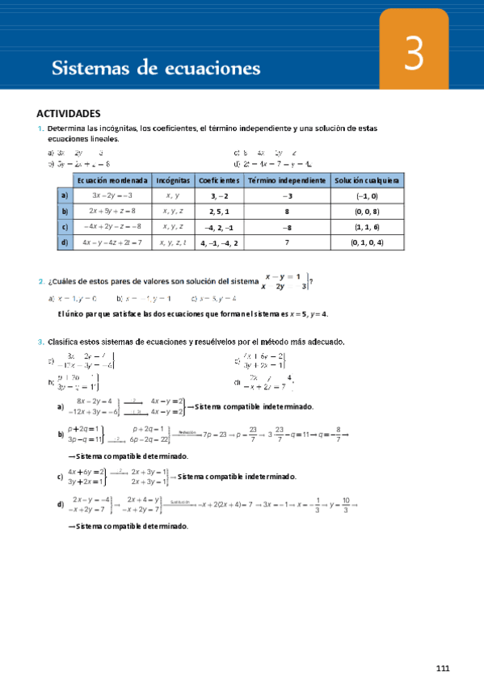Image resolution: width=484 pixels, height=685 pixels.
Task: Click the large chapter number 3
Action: point(414,57)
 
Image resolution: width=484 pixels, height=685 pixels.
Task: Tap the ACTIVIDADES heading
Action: point(69,114)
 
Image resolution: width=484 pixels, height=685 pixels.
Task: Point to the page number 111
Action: point(442,667)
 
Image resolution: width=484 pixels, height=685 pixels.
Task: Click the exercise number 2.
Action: point(40,282)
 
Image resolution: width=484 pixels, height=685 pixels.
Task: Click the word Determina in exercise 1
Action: point(69,129)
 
